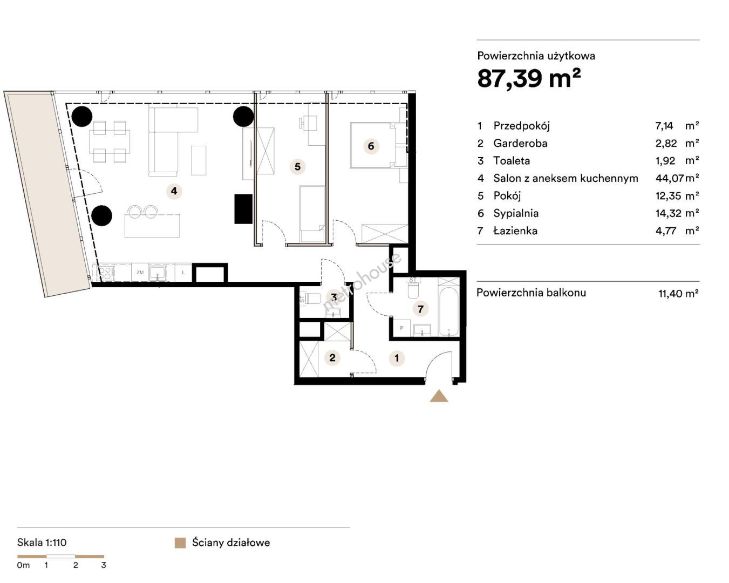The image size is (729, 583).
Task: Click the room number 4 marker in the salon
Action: click(x=174, y=191)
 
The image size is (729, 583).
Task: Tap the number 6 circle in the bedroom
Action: click(x=371, y=146)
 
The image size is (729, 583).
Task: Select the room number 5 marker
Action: click(x=297, y=166)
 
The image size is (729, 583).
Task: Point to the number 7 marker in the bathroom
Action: click(x=420, y=309)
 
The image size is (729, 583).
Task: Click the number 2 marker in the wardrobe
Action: click(x=332, y=357)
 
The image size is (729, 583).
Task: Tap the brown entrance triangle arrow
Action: click(x=439, y=396)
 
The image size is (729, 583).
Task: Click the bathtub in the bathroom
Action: click(x=448, y=311)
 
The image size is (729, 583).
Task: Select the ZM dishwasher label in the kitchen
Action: click(x=140, y=272)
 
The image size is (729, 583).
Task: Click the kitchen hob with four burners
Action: click(x=106, y=273)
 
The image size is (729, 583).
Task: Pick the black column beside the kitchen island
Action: click(x=101, y=215)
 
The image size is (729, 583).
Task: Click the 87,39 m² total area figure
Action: click(x=529, y=78)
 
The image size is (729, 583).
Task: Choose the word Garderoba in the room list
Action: click(x=520, y=144)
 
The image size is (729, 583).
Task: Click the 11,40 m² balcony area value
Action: click(x=678, y=293)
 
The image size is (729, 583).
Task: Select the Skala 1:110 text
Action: click(x=42, y=543)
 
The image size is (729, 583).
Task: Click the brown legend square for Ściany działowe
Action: click(x=180, y=543)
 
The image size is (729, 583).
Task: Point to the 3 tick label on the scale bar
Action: click(x=104, y=565)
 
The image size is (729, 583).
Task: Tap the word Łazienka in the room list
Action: click(x=515, y=231)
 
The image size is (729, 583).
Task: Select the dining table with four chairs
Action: click(x=110, y=141)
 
